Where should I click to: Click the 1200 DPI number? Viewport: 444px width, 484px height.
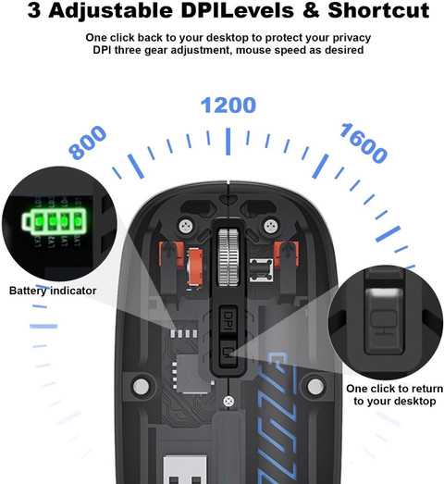228,105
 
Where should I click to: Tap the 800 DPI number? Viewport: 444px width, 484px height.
88,143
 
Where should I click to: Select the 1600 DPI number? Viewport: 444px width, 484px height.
364,143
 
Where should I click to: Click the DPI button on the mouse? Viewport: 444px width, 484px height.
228,320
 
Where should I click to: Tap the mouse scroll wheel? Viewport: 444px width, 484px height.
228,257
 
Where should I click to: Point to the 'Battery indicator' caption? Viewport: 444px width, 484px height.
53,291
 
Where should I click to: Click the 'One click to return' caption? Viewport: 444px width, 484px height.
394,389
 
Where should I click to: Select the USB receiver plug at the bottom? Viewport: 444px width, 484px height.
185,469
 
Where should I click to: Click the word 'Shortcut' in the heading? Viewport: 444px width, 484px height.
378,10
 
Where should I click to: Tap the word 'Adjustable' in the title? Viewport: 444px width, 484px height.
110,11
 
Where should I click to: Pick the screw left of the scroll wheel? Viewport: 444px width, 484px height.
186,226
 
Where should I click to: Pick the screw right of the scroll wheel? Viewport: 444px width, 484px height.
271,226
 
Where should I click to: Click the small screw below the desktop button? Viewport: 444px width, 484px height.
228,402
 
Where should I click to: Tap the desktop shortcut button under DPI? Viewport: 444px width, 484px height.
228,353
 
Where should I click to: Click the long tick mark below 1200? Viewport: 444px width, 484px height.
228,142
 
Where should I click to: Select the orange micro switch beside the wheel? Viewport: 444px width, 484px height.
194,267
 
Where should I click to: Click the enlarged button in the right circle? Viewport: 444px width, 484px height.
385,320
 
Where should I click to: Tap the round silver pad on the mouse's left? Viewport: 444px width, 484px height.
141,387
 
